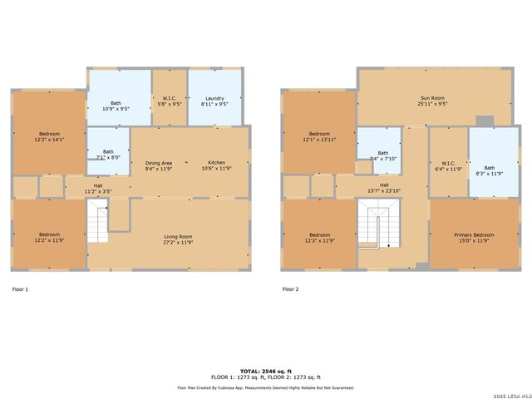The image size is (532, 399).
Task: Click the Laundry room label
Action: [x=215, y=101]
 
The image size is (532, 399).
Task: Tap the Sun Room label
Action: [x=433, y=101]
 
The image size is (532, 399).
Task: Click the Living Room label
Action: [x=178, y=239]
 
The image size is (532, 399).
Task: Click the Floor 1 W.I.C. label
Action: [x=170, y=101]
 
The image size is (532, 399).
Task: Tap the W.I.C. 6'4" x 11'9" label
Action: [x=448, y=165]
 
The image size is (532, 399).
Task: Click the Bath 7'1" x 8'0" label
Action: [x=108, y=154]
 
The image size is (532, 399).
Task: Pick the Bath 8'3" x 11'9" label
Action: [x=489, y=170]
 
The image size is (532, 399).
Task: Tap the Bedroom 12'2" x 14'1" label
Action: [x=49, y=137]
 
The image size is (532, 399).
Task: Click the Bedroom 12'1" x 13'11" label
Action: [x=319, y=137]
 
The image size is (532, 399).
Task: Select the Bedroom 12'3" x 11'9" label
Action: [x=319, y=238]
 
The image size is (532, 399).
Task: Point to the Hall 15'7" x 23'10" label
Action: [x=384, y=188]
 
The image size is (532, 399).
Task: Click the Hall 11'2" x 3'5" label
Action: [x=98, y=188]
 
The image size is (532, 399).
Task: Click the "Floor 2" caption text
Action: [x=290, y=289]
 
